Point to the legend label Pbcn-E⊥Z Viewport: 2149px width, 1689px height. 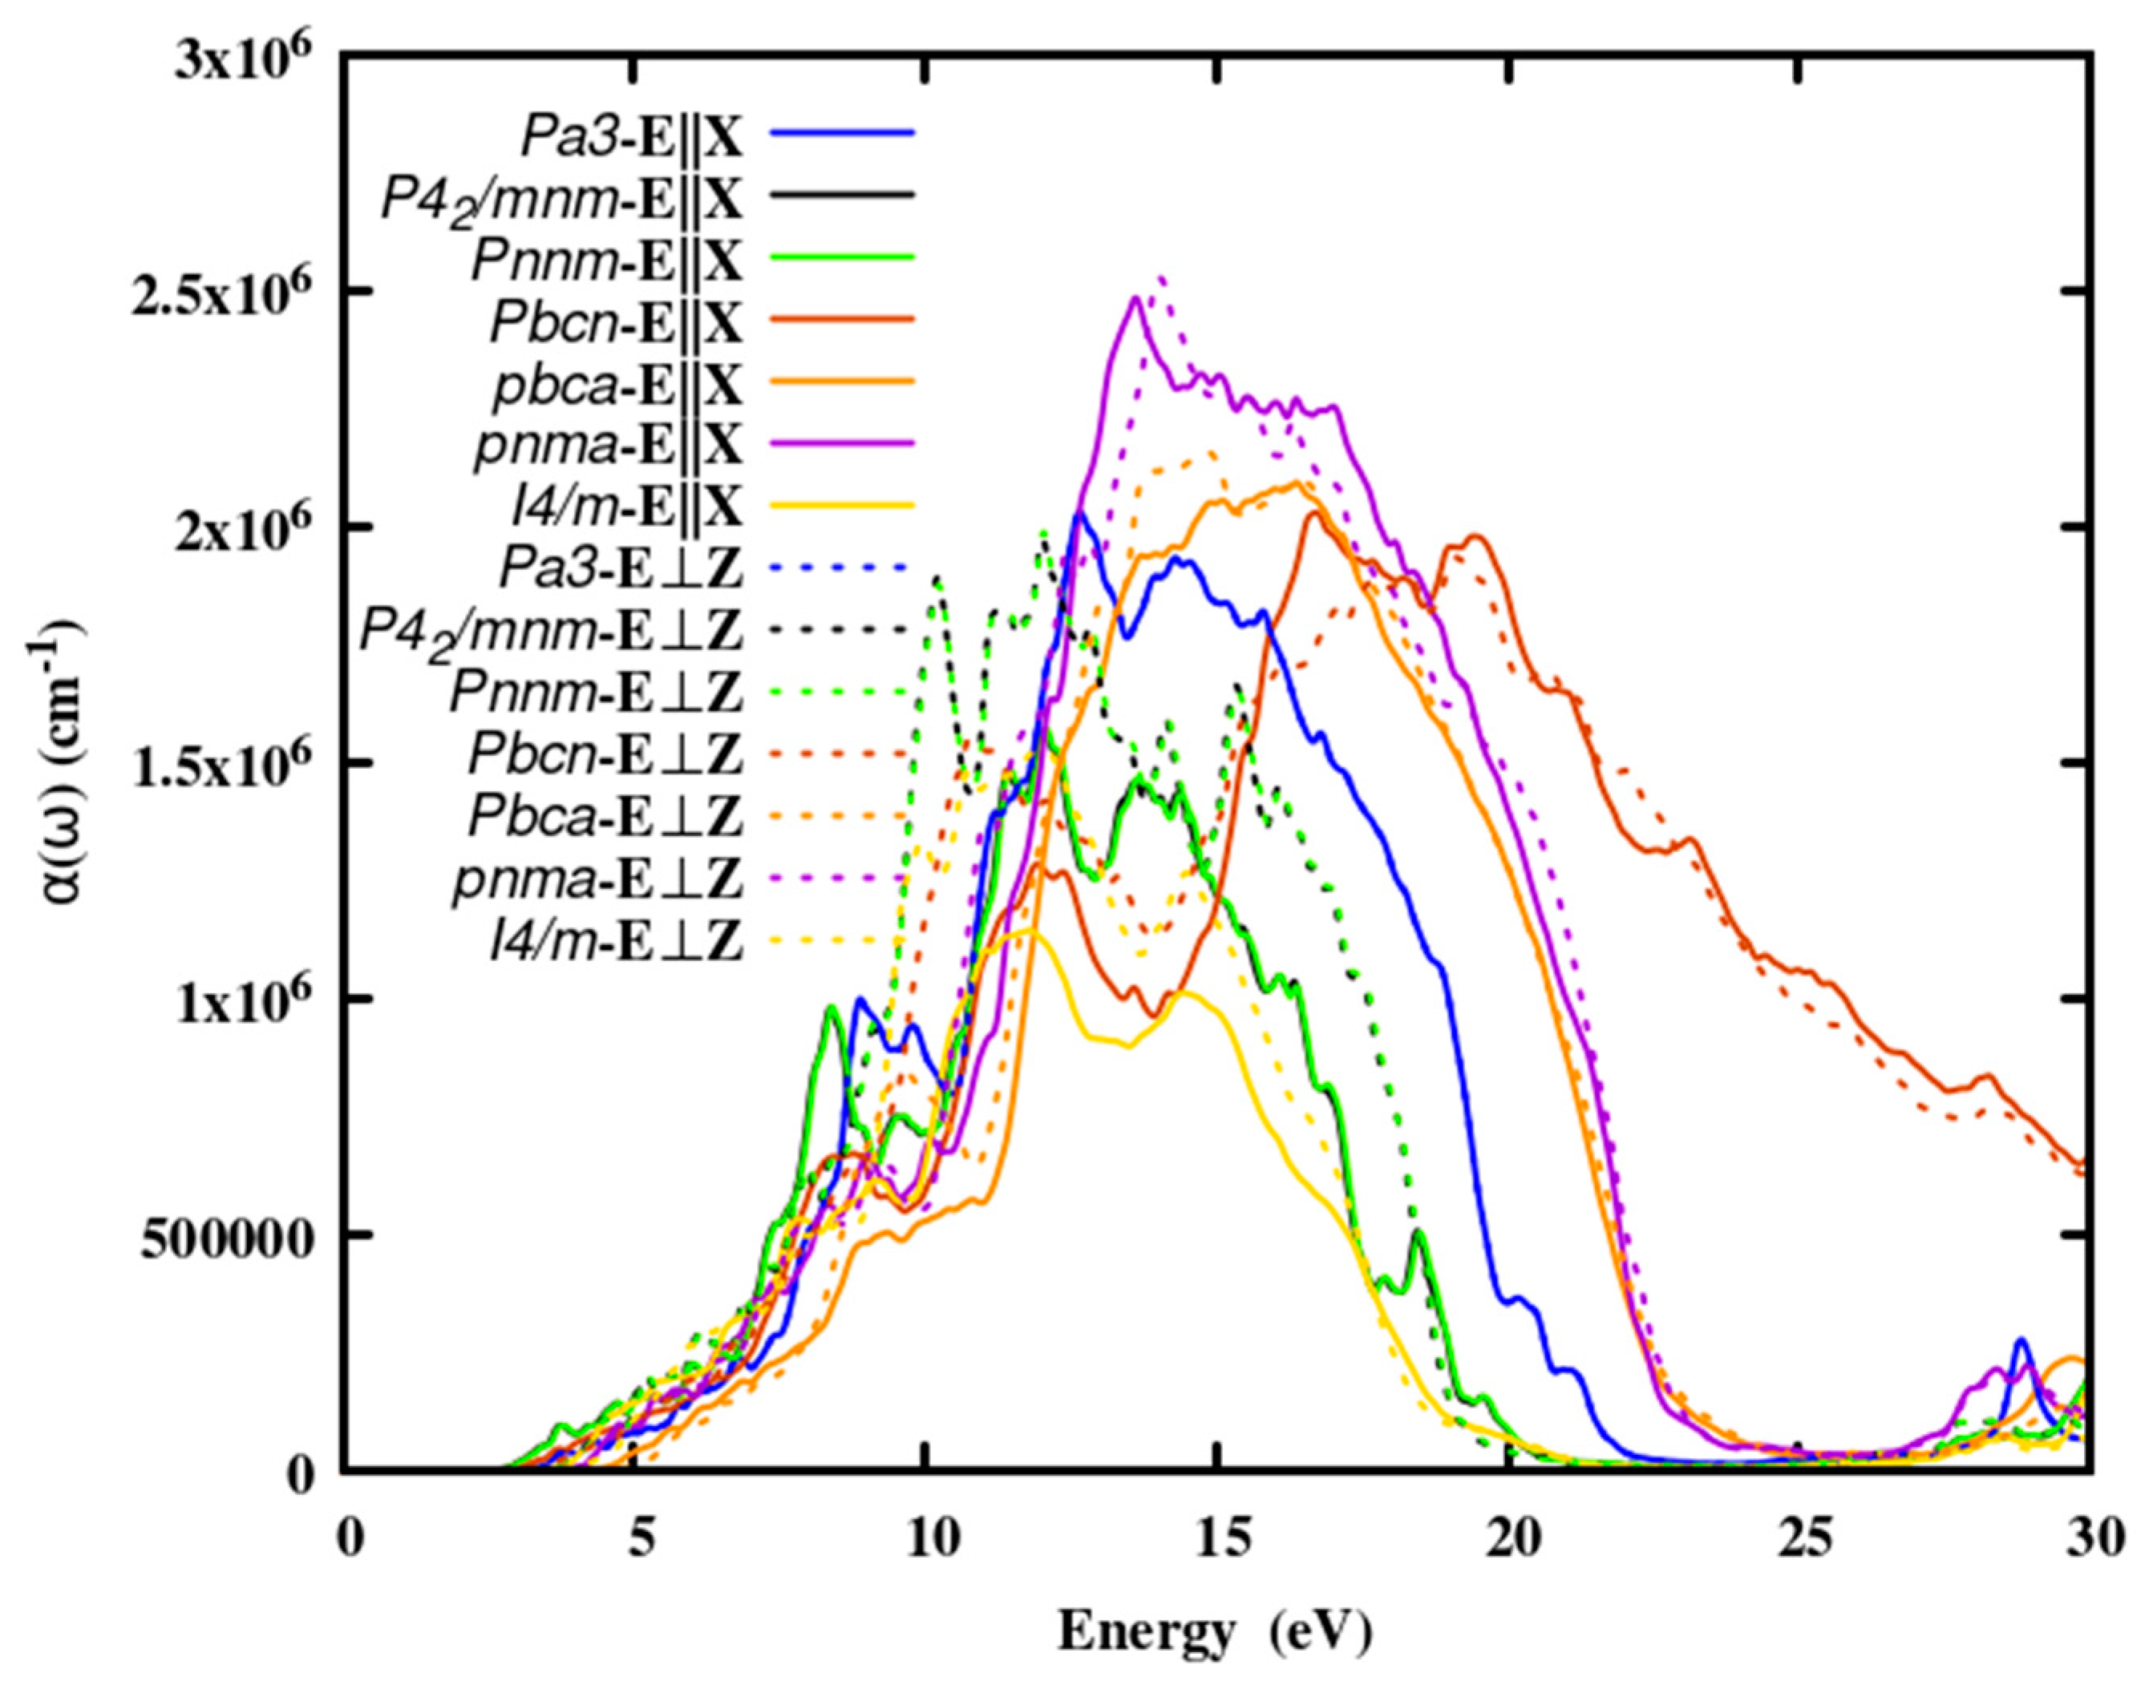coord(605,757)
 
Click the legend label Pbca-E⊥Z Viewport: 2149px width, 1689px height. coord(605,818)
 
